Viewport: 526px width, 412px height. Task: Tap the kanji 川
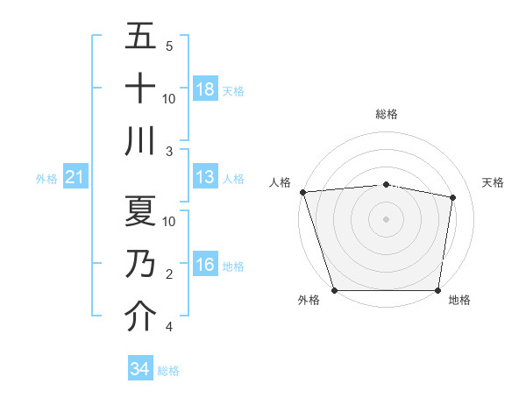140,141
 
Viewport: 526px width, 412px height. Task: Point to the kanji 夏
140,211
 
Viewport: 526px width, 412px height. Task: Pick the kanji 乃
140,264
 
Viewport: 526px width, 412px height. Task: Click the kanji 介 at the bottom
140,316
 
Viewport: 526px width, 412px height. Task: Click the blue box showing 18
205,89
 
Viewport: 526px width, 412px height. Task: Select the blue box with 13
205,177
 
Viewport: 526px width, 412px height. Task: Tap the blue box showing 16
205,265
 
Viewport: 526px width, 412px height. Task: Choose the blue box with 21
75,178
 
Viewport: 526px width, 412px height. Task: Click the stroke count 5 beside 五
169,46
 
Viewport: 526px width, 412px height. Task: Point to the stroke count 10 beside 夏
169,221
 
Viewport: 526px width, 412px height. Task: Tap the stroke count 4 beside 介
168,328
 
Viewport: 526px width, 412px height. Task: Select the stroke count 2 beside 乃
169,274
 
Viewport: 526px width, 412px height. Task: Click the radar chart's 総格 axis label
386,114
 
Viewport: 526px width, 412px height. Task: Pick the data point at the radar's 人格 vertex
302,192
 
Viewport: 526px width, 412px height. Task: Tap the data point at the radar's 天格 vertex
452,197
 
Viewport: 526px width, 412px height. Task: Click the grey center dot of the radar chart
386,218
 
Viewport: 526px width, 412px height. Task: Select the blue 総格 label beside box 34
168,371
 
